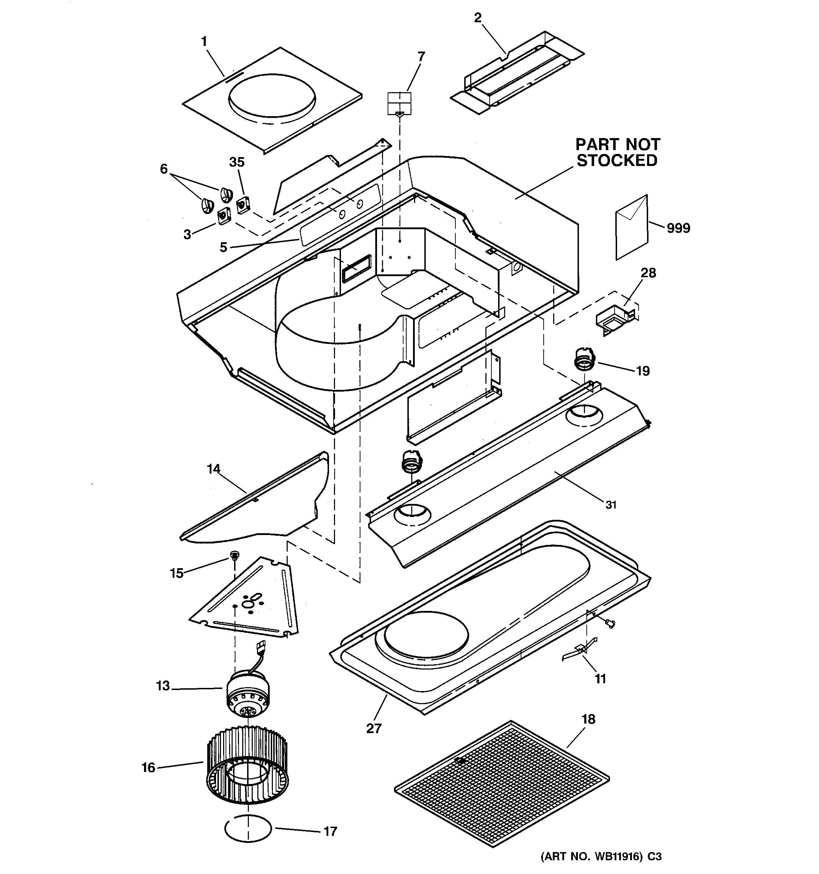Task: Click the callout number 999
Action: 678,228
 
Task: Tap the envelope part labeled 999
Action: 632,228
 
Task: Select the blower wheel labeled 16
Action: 247,766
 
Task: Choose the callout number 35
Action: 237,162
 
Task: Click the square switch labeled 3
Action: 224,216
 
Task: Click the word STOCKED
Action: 617,161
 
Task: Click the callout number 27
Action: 374,729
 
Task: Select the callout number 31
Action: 611,505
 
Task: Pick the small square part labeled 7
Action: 399,103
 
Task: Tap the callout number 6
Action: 164,169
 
